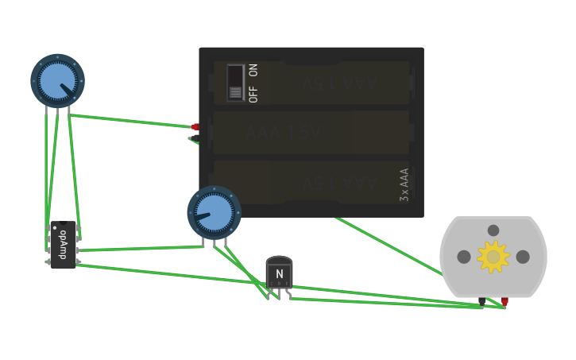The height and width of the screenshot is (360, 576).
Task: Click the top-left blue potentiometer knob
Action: pos(57,80)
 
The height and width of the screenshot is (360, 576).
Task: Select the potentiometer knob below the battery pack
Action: pos(214,212)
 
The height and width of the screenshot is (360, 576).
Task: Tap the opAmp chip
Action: pos(64,246)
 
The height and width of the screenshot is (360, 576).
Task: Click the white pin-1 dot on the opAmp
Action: pos(55,228)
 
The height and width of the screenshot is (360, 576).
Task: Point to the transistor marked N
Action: pos(279,273)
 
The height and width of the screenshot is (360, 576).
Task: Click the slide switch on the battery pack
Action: pos(235,83)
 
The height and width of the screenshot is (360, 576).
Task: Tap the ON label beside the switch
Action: pos(253,70)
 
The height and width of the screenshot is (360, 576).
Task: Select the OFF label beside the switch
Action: pos(253,95)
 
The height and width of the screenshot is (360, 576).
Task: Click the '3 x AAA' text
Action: pos(404,184)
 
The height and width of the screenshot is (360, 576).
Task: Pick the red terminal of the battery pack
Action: pos(195,127)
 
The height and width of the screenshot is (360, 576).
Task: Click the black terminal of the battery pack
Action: pos(194,138)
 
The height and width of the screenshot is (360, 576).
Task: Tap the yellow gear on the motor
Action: pos(493,257)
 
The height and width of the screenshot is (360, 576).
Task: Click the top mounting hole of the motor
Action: pos(493,230)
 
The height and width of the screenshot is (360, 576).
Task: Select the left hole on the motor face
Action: pos(464,257)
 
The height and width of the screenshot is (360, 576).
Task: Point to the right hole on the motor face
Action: pos(523,257)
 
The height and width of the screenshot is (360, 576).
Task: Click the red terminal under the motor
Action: pos(504,301)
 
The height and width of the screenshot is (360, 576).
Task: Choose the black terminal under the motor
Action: pos(482,302)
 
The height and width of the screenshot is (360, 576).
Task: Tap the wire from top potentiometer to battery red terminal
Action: pos(131,121)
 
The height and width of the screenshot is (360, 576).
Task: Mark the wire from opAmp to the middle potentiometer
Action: pos(139,249)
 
